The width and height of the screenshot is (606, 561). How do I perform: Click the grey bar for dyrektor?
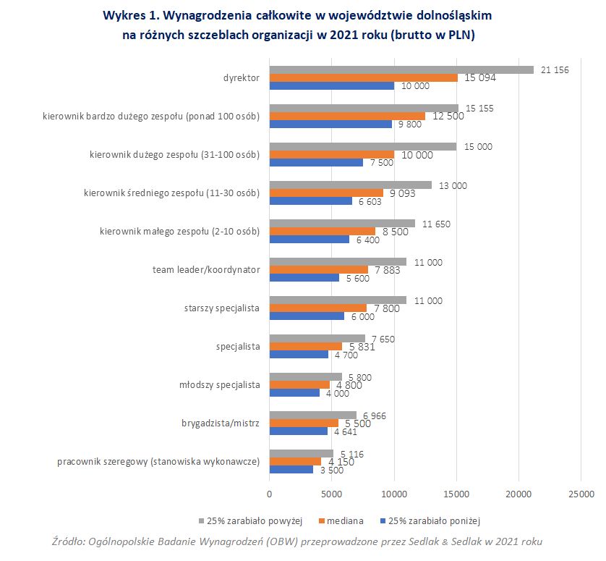(x=401, y=69)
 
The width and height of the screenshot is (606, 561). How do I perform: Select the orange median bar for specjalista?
(x=305, y=346)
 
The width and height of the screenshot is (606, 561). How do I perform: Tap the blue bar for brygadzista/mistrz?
(x=299, y=431)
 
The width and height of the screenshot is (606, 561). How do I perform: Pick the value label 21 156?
(x=555, y=69)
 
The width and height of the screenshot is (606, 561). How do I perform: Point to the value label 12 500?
(x=448, y=116)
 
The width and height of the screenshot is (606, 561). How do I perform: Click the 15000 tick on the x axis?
(x=456, y=494)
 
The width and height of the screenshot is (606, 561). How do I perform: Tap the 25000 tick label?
(x=581, y=494)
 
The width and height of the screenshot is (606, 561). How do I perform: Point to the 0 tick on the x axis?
(x=269, y=494)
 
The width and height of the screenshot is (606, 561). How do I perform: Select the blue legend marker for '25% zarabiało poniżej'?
(x=383, y=520)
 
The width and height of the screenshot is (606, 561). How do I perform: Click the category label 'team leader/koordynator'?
(x=206, y=270)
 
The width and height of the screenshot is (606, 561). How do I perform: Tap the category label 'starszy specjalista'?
(x=222, y=308)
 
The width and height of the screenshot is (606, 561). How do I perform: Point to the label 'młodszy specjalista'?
(x=219, y=384)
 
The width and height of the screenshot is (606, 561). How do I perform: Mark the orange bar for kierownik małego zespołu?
(x=322, y=232)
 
